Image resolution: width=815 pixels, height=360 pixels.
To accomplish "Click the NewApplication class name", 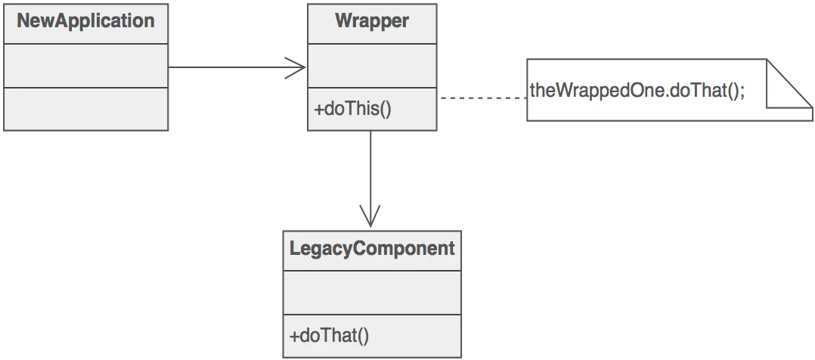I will pyautogui.click(x=85, y=20).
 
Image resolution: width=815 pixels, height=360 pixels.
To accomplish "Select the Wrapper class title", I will pyautogui.click(x=371, y=20).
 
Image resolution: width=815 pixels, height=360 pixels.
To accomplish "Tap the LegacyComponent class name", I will pyautogui.click(x=372, y=248).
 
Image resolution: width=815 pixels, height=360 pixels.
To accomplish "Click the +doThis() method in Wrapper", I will pyautogui.click(x=352, y=109).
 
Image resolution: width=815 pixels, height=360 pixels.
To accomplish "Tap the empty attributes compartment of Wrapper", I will pyautogui.click(x=371, y=66).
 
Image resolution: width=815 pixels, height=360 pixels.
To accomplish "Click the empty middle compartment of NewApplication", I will pyautogui.click(x=85, y=66).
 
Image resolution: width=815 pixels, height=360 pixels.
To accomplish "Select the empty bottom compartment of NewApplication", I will pyautogui.click(x=85, y=109).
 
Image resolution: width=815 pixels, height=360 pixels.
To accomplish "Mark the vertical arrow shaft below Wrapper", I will pyautogui.click(x=370, y=166).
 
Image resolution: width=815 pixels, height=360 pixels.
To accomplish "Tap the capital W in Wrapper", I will pyautogui.click(x=342, y=20).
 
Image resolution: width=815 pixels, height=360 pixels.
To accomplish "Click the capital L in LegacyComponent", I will pyautogui.click(x=295, y=248).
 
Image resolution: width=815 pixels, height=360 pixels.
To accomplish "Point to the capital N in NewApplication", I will pyautogui.click(x=23, y=20).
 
